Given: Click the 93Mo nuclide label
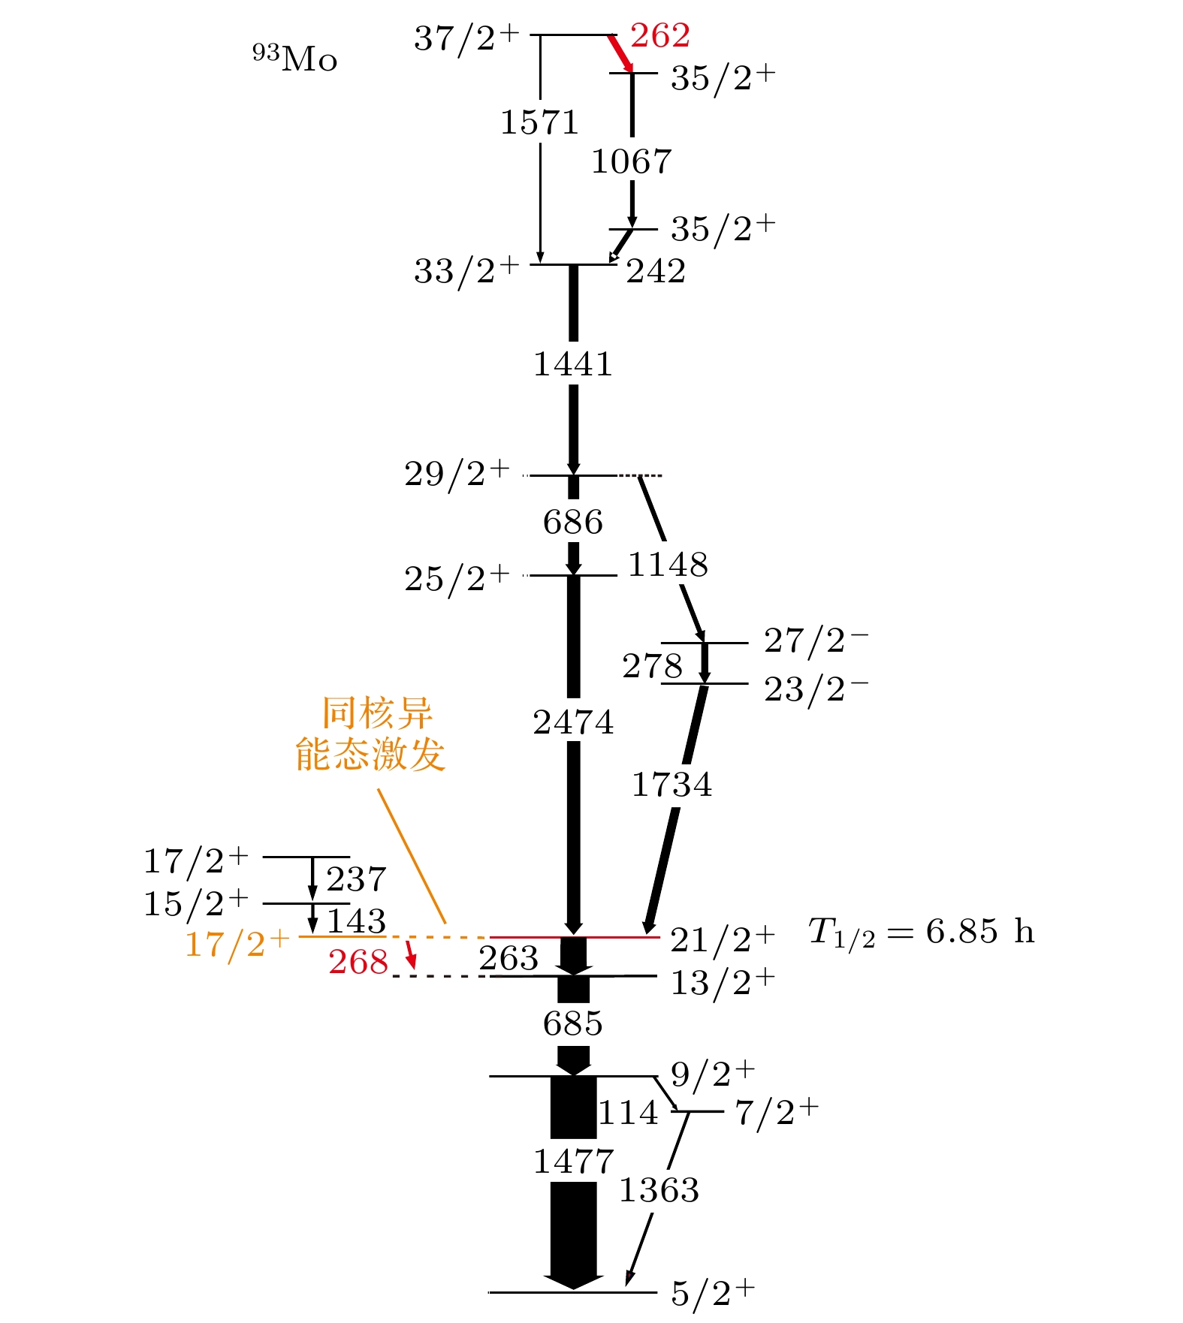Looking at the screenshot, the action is (294, 59).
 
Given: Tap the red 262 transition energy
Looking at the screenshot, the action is (660, 35).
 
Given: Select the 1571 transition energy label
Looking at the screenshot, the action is (539, 122).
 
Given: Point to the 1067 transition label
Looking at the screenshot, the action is (631, 161).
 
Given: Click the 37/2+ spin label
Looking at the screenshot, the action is (466, 38).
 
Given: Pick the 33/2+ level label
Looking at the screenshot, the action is (466, 270).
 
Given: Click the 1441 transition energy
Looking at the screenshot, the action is (573, 364).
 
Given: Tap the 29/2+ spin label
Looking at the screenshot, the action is (457, 473).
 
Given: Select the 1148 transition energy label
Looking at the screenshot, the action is (668, 565).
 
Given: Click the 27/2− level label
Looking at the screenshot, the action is (816, 640).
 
